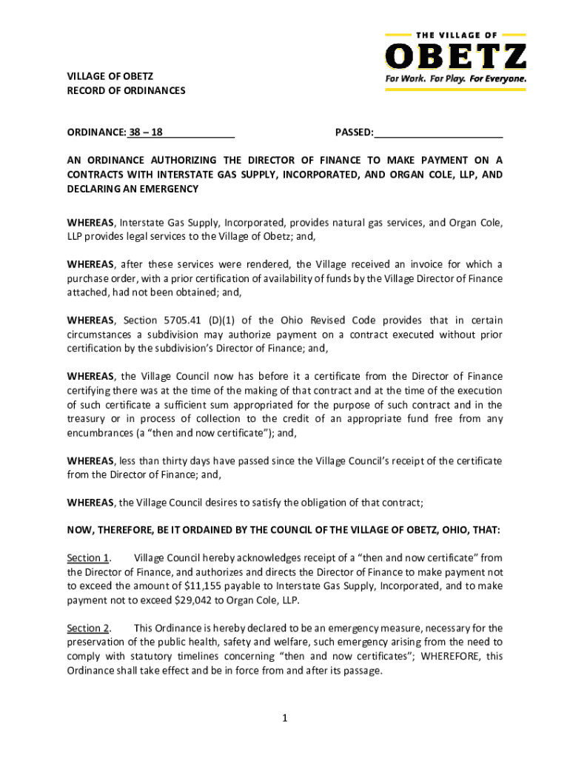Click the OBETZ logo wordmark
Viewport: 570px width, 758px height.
455,56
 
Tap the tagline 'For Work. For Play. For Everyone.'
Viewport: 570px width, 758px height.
455,78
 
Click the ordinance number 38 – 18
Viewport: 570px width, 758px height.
146,133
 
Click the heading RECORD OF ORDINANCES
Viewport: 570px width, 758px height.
126,91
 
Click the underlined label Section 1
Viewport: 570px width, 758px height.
88,557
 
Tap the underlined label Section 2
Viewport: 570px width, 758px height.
88,628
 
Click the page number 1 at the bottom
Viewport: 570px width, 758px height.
285,717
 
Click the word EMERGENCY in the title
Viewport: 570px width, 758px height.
168,189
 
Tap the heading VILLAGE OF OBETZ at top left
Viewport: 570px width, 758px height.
110,77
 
